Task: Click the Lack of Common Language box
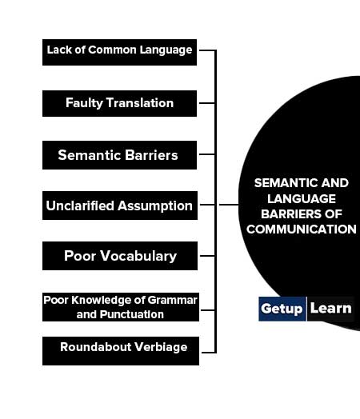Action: coord(119,53)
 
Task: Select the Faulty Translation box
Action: coord(119,103)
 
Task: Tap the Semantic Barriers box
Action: coord(119,155)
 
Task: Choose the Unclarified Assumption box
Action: coord(120,206)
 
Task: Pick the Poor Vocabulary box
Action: coord(120,256)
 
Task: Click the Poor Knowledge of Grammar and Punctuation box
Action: coord(121,307)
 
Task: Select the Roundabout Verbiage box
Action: coord(121,351)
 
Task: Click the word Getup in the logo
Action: coord(282,309)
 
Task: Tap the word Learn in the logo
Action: coord(331,308)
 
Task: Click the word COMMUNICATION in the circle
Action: coord(302,229)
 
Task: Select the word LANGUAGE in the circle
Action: coord(302,199)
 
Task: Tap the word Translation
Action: coord(140,103)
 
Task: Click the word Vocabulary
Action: coord(138,256)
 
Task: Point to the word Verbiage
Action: coord(161,347)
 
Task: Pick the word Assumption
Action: coord(155,206)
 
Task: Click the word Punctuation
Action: coord(132,314)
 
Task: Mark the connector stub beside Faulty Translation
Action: coord(207,103)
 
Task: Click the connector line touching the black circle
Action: coord(229,205)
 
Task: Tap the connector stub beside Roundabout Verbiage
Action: coord(209,353)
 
